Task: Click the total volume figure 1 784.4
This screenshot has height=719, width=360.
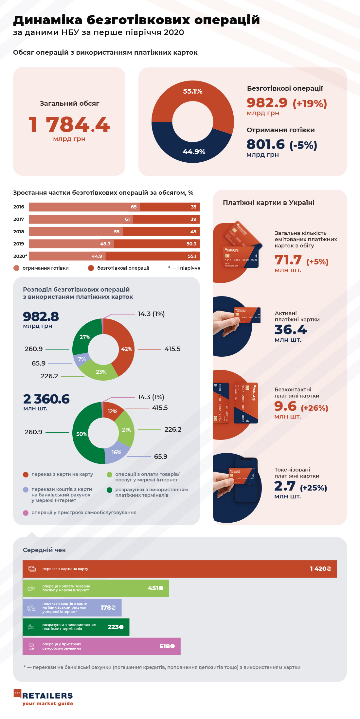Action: tap(69, 125)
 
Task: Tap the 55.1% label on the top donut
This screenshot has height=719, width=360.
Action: tap(192, 91)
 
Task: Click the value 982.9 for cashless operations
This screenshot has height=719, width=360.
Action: tap(267, 103)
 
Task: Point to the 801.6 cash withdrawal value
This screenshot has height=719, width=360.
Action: tap(265, 144)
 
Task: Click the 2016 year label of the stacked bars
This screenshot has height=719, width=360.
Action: tap(19, 207)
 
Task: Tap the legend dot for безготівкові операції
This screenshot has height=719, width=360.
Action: tap(91, 268)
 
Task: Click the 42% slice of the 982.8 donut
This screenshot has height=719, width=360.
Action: tap(126, 349)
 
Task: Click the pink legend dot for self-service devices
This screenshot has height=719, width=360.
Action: tap(26, 513)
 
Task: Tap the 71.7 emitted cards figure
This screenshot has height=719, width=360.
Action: tap(288, 260)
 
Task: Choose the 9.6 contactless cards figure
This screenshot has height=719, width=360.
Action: tap(285, 406)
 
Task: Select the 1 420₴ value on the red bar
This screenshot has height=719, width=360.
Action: tap(320, 569)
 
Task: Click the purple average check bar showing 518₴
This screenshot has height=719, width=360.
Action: tap(101, 646)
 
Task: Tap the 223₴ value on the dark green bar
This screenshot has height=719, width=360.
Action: tap(116, 627)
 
